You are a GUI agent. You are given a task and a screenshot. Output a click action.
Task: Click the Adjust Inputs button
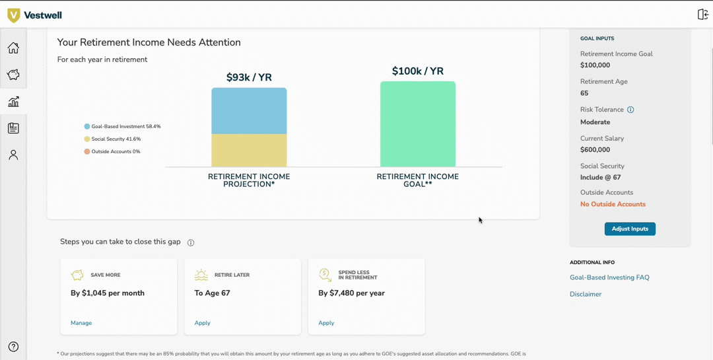[x=630, y=229]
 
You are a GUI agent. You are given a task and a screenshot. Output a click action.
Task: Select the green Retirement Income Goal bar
[x=417, y=124]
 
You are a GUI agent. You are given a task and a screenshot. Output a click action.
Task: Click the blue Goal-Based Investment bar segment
[x=249, y=111]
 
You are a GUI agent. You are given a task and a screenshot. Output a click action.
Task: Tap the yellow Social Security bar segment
[x=249, y=151]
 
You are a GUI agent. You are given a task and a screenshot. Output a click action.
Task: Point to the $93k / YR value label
[x=249, y=77]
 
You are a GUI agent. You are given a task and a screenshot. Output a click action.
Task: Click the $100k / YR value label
[x=417, y=71]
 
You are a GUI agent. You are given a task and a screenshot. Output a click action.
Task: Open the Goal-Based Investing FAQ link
[x=609, y=277]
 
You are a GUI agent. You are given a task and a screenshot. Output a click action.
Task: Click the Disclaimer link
[x=586, y=294]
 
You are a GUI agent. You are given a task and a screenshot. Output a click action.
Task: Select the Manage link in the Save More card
[x=81, y=323]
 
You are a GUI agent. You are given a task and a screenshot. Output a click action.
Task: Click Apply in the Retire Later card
[x=202, y=323]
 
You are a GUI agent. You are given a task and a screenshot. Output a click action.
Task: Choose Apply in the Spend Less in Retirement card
[x=326, y=323]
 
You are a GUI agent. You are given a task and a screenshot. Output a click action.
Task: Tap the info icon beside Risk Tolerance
[x=630, y=110]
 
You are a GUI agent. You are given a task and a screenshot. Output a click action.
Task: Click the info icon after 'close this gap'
[x=191, y=242]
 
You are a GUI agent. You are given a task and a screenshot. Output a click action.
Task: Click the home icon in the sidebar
[x=13, y=48]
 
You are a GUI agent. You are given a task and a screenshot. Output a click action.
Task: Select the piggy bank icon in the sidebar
[x=13, y=75]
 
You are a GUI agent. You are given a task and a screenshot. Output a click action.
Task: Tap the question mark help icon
[x=13, y=347]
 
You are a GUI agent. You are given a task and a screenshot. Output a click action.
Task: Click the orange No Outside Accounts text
[x=613, y=204]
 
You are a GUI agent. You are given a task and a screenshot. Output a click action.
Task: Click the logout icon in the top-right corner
[x=702, y=15]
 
